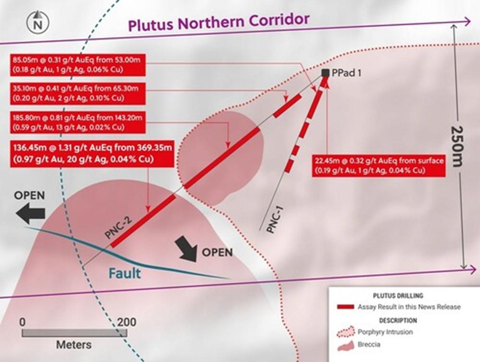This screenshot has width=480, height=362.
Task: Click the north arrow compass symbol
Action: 38,22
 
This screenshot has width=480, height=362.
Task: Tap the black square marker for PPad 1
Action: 325,73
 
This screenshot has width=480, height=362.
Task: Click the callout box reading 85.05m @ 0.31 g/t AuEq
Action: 78,65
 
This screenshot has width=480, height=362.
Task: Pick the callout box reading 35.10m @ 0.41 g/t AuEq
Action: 78,93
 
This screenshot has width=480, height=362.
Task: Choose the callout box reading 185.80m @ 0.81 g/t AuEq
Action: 78,122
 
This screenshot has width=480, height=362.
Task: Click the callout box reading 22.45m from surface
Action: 379,165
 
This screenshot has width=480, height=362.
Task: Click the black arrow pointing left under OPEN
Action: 30,214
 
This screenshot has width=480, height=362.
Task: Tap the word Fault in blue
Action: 125,273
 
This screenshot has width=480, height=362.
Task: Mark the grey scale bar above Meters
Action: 75,333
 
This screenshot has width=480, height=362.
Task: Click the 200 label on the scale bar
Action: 127,322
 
